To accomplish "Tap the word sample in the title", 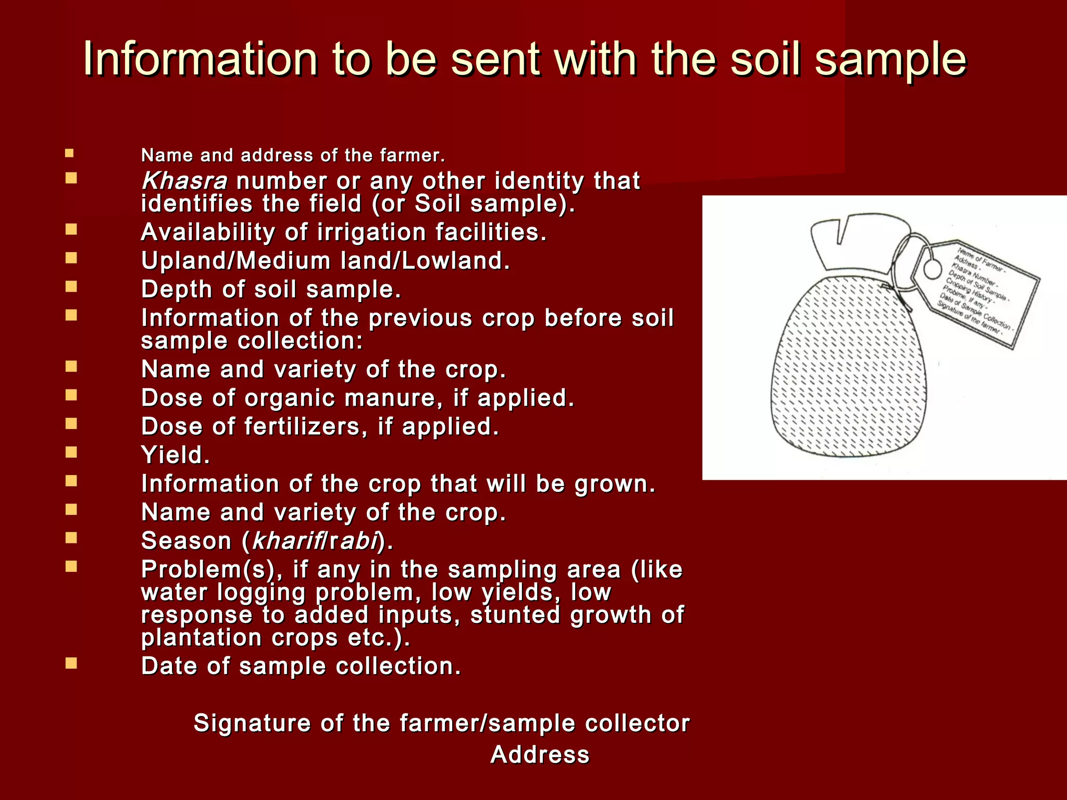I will coord(890,59).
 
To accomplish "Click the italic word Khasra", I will coord(184,181).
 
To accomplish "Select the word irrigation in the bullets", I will coord(371,232).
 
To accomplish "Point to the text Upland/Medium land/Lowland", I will coord(325,261).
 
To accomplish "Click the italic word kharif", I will coord(286,541).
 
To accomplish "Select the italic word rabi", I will coord(354,541).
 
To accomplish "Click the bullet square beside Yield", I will coord(71,452).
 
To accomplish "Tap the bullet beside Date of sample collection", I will coord(71,663).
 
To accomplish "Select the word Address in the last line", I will coord(540,755).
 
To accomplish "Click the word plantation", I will coord(201,638).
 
